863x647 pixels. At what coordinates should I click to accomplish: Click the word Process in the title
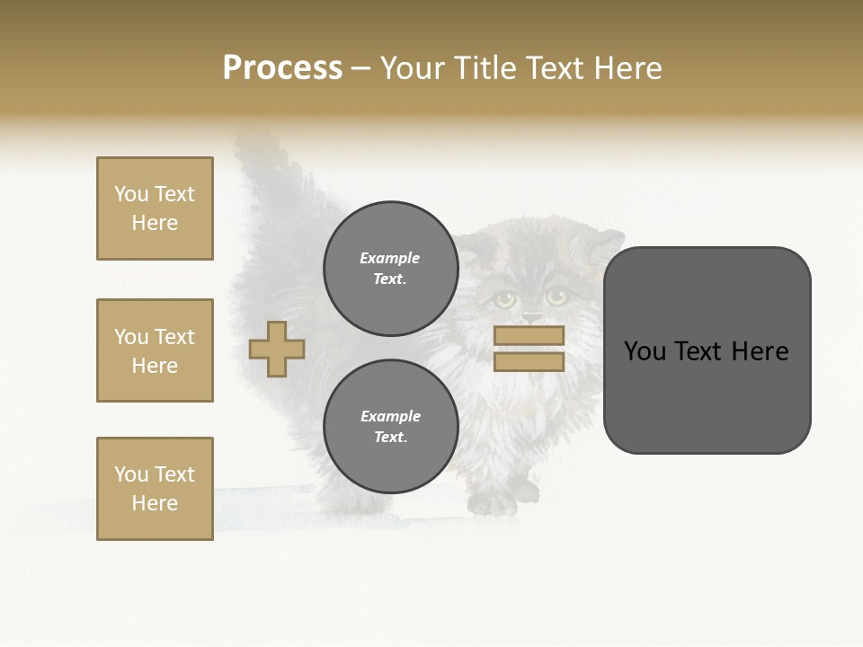(x=282, y=68)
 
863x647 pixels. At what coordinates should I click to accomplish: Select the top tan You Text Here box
(x=155, y=208)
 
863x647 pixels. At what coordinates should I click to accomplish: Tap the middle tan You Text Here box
(x=155, y=350)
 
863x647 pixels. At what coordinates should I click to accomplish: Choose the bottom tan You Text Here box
(x=155, y=489)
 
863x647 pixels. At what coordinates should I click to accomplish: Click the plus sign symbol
(x=277, y=349)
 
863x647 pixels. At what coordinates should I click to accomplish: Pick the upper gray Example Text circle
(x=390, y=268)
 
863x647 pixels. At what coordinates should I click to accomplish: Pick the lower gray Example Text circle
(x=390, y=426)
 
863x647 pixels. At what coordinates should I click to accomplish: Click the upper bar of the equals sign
(x=529, y=335)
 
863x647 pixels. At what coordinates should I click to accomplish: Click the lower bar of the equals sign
(x=529, y=361)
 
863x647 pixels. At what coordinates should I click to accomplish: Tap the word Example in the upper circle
(x=389, y=258)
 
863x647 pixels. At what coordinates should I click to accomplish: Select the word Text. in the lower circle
(x=390, y=437)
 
